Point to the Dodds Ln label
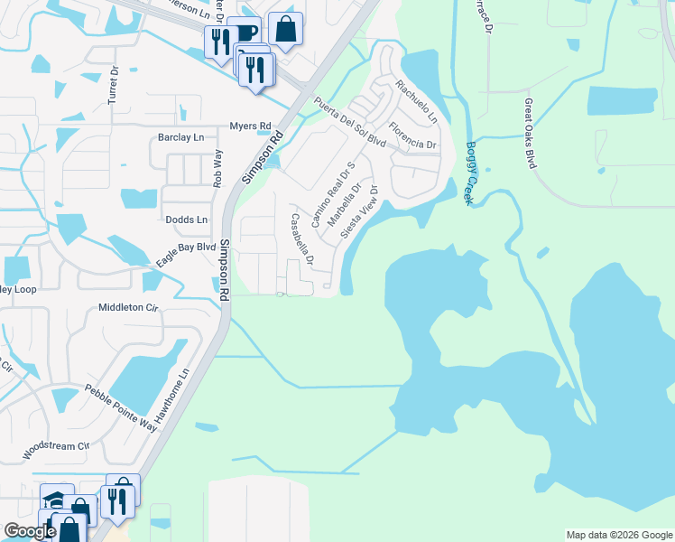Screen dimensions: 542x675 click(186, 220)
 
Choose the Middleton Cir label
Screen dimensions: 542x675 click(127, 308)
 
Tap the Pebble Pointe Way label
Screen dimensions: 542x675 click(121, 407)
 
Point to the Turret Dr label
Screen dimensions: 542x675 click(114, 86)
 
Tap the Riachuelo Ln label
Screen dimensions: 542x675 click(416, 101)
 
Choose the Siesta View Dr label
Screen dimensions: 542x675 click(359, 210)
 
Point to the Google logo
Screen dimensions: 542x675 click(30, 531)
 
